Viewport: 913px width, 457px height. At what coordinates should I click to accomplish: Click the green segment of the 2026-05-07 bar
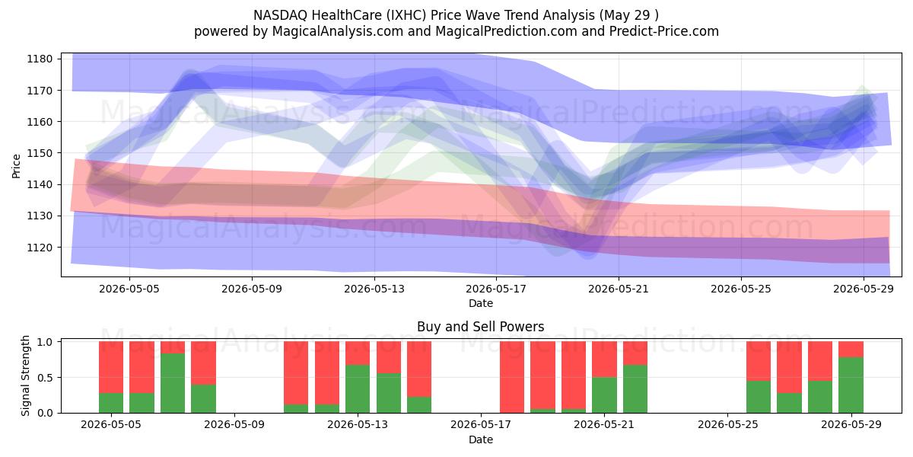tap(173, 383)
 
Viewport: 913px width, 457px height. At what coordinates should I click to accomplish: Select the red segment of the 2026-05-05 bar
tap(111, 367)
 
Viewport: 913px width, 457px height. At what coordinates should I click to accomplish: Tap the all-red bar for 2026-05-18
tap(512, 377)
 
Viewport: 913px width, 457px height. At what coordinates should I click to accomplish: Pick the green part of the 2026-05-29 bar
tap(851, 385)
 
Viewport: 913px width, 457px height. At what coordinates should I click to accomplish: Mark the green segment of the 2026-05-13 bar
tap(358, 389)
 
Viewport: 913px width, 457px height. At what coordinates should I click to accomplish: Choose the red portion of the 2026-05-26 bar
tap(758, 361)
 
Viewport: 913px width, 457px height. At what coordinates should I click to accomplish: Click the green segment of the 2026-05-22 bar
tap(635, 389)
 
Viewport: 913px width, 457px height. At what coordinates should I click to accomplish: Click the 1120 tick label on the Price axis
tap(40, 248)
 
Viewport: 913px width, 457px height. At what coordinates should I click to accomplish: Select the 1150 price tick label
tap(40, 153)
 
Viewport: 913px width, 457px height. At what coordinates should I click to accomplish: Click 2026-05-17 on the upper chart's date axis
tap(496, 289)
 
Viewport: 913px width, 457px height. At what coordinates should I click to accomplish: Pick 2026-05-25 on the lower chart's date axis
tap(728, 424)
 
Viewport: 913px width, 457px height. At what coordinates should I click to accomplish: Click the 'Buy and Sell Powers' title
tap(481, 327)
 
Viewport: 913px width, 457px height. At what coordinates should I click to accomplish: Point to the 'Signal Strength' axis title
tap(25, 376)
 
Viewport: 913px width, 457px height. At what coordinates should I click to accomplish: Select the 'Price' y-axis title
tap(16, 166)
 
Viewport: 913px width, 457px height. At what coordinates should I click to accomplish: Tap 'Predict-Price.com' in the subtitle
tap(664, 31)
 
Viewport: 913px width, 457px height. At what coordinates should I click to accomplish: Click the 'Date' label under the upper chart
tap(481, 303)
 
